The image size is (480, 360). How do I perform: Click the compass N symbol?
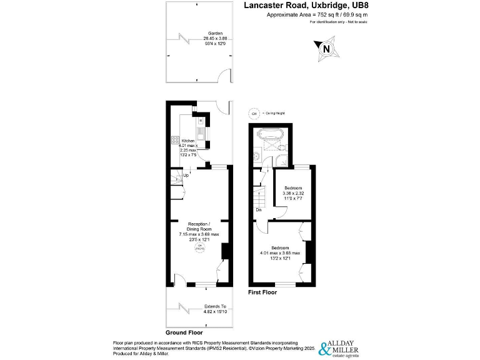(x=325, y=49)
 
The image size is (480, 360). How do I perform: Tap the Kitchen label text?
(x=189, y=141)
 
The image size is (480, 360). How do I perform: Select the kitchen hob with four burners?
(x=174, y=142)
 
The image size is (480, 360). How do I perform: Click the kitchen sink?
(x=201, y=132)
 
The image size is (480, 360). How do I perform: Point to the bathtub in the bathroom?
(x=270, y=134)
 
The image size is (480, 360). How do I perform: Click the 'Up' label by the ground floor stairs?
(x=186, y=176)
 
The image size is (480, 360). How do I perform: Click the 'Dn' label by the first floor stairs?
(x=258, y=209)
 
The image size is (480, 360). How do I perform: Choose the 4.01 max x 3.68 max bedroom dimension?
(x=280, y=252)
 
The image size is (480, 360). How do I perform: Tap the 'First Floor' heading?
(x=262, y=292)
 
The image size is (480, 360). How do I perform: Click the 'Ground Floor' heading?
(x=183, y=332)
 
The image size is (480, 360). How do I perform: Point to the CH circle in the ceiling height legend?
(x=254, y=114)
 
